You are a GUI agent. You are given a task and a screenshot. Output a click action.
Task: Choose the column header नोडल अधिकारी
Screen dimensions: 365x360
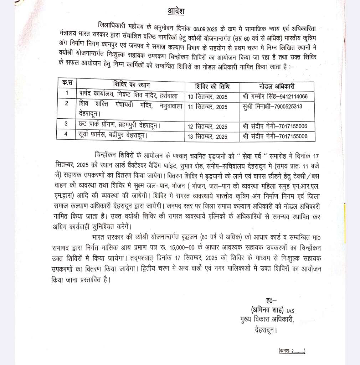coord(277,86)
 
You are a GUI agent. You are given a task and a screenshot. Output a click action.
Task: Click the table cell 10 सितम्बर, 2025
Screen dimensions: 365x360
coord(207,96)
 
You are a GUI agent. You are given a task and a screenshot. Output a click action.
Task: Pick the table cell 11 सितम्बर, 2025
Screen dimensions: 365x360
coord(207,107)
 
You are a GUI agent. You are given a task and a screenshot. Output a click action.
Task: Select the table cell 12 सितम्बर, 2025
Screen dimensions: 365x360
coord(207,127)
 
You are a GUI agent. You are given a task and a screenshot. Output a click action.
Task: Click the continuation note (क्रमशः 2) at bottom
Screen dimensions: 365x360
coord(292,351)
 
